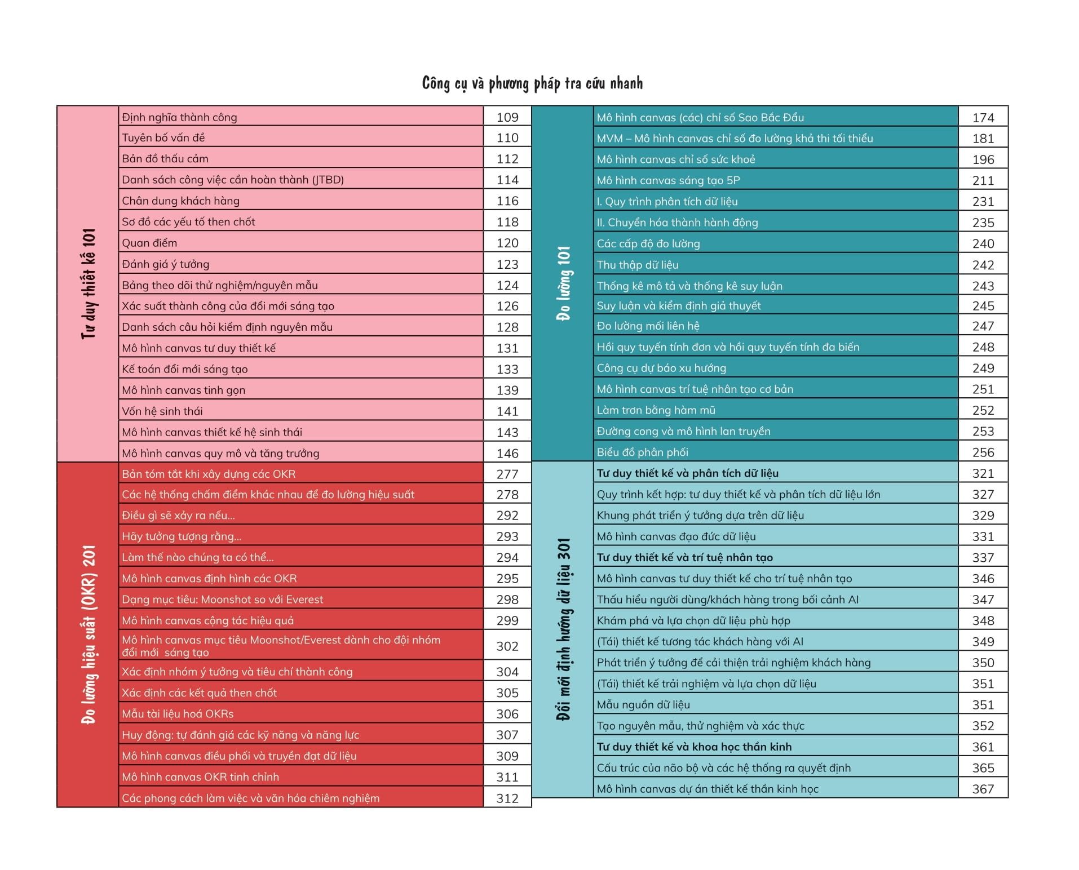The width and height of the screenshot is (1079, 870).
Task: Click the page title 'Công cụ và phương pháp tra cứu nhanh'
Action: tap(532, 84)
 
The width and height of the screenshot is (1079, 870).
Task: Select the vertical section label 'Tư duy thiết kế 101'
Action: tap(89, 283)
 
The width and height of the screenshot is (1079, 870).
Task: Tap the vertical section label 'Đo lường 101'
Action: tap(563, 283)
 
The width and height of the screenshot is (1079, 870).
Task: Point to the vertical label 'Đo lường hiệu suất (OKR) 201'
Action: tap(89, 634)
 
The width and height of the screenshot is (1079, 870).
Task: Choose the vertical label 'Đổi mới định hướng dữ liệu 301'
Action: tap(563, 629)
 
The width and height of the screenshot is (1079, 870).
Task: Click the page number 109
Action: tap(507, 117)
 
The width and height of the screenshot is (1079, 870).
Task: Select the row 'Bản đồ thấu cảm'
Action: tap(165, 159)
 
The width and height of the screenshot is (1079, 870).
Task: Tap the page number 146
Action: tap(507, 453)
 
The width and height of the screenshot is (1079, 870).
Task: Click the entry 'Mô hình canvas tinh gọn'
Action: tap(184, 390)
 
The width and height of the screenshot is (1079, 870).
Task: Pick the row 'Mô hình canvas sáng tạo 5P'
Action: tap(668, 180)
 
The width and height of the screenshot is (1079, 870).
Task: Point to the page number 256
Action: tap(983, 452)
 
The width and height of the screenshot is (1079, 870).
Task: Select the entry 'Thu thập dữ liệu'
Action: tap(638, 265)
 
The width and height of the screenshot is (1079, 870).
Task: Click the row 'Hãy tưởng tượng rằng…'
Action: tap(182, 536)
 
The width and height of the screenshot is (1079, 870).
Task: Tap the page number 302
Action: tap(507, 646)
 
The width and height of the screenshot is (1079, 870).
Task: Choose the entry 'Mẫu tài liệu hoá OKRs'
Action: tap(178, 714)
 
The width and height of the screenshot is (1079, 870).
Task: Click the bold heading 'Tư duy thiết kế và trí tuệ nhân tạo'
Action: tap(685, 557)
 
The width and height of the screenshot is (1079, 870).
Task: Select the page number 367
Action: tap(983, 789)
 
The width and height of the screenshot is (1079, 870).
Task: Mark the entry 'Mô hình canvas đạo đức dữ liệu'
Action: tap(676, 536)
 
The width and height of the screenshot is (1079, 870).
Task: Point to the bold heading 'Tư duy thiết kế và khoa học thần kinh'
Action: tap(695, 747)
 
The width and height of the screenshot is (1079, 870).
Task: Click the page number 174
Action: tap(983, 118)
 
